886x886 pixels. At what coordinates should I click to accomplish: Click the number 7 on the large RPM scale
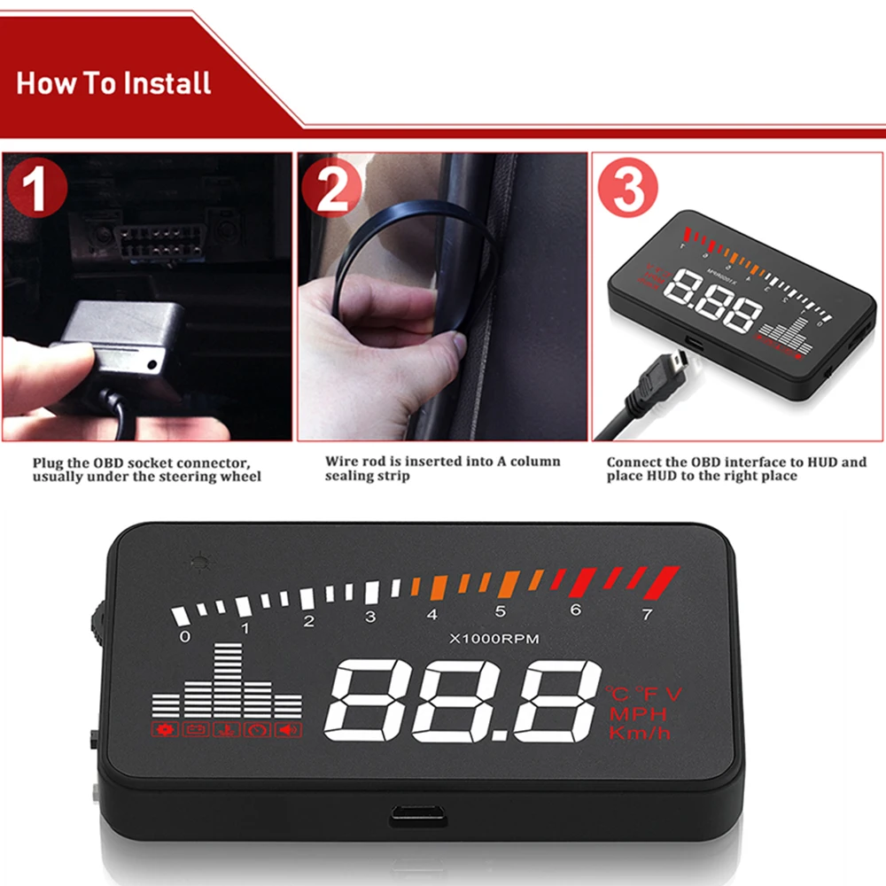[x=647, y=612]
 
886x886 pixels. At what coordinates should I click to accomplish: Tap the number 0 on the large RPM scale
[x=184, y=636]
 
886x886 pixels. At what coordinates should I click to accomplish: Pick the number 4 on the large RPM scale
[x=431, y=614]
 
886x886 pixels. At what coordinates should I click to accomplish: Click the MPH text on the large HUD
[x=637, y=714]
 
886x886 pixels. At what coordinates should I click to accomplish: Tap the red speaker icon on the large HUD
[x=289, y=729]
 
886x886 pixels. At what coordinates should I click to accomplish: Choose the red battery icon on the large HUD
[x=195, y=729]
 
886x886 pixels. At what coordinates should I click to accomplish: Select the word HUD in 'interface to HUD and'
[x=811, y=462]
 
